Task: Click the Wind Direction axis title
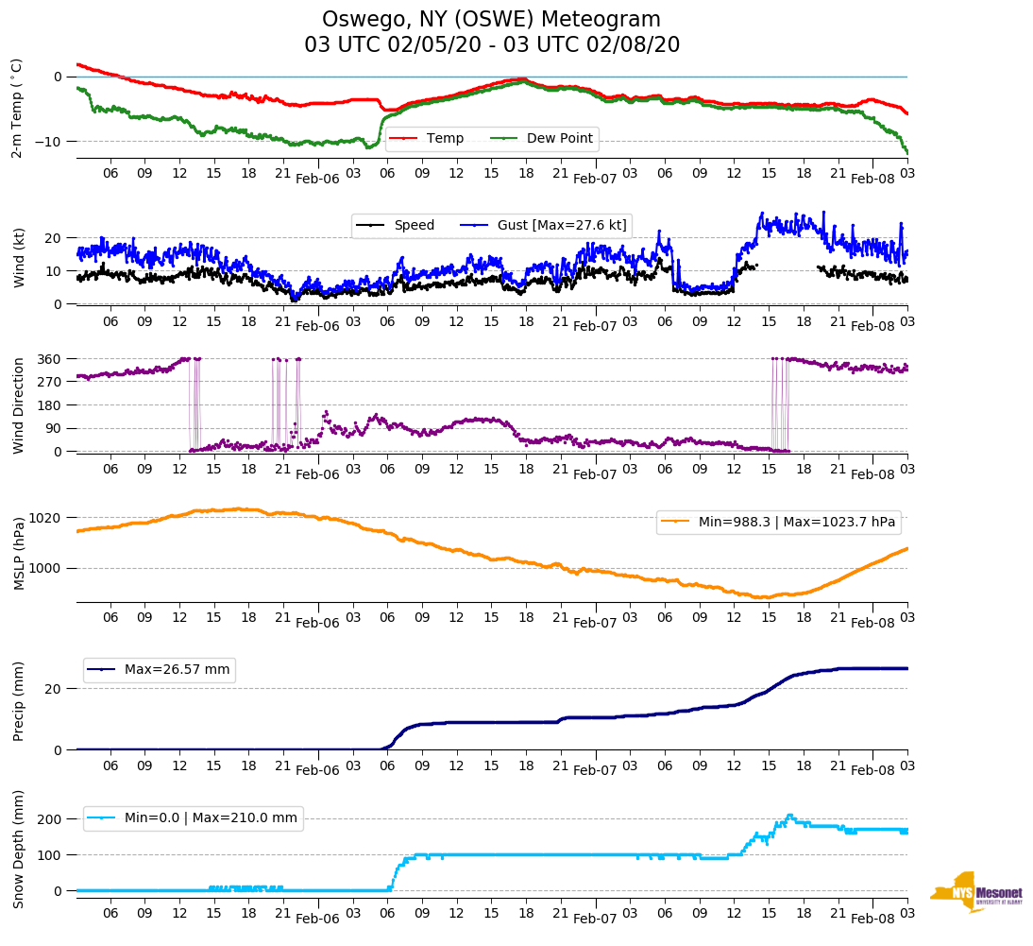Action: coord(18,404)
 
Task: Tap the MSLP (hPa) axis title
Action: coord(18,553)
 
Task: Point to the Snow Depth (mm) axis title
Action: coord(18,849)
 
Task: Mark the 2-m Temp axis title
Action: coord(17,108)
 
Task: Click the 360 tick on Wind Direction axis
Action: coord(50,359)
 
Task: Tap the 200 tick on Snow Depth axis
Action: coord(50,818)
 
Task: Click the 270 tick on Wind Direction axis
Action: coord(50,382)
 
